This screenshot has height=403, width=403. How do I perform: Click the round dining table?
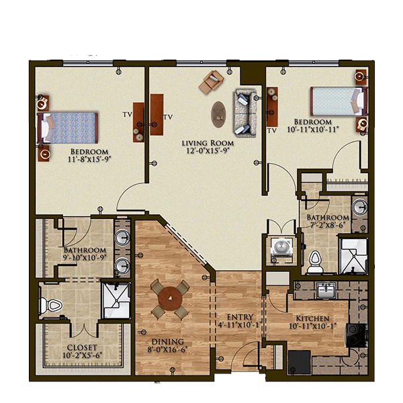[x=170, y=299]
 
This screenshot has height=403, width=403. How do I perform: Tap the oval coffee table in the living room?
[x=218, y=114]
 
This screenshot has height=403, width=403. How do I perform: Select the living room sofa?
[x=245, y=113]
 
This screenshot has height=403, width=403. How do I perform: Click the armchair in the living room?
[x=212, y=82]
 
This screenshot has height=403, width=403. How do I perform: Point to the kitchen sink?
[x=326, y=290]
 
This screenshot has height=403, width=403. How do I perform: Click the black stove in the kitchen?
[x=355, y=336]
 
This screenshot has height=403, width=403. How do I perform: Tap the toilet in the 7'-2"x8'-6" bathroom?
[x=314, y=262]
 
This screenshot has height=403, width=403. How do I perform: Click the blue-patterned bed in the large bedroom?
[x=68, y=128]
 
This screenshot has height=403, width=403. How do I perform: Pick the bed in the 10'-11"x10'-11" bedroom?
[x=339, y=101]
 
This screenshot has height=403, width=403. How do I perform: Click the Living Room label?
[x=208, y=143]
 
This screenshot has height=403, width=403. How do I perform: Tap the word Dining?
[x=168, y=342]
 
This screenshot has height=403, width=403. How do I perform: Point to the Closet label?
[x=82, y=347]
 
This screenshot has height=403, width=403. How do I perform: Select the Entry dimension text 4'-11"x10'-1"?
[x=239, y=325]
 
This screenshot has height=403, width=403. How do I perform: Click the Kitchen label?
[x=312, y=318]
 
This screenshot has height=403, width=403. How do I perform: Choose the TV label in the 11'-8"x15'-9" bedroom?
[x=127, y=114]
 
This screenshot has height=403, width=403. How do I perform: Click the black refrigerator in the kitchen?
[x=299, y=363]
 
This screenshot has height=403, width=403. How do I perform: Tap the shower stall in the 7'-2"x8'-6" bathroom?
[x=354, y=256]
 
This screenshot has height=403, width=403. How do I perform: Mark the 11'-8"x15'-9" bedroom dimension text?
[x=89, y=159]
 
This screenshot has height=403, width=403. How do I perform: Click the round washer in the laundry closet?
[x=281, y=247]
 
